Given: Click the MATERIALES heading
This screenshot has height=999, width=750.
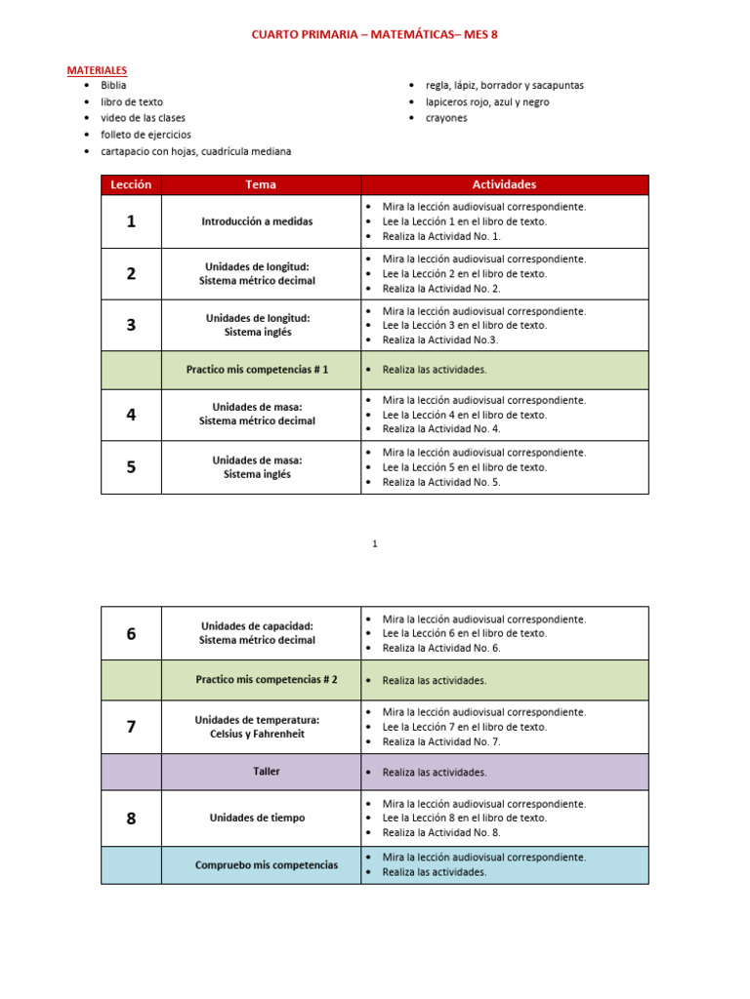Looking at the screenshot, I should pyautogui.click(x=96, y=70).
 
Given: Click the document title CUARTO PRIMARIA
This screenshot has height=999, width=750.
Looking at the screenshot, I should pyautogui.click(x=374, y=35).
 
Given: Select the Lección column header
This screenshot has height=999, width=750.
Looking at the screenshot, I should pyautogui.click(x=131, y=184).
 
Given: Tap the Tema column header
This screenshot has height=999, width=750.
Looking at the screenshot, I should pyautogui.click(x=261, y=184).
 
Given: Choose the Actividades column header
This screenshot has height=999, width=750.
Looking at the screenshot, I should pyautogui.click(x=504, y=184).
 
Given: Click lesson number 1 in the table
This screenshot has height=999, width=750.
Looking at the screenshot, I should pyautogui.click(x=131, y=221).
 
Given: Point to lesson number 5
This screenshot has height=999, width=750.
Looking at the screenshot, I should pyautogui.click(x=131, y=467).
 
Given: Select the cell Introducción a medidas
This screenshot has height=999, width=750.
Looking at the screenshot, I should pyautogui.click(x=257, y=221).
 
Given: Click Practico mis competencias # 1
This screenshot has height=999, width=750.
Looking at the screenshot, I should pyautogui.click(x=257, y=370).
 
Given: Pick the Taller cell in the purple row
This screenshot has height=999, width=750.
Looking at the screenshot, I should pyautogui.click(x=266, y=771).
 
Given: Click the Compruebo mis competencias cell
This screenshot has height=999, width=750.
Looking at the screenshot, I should pyautogui.click(x=266, y=864).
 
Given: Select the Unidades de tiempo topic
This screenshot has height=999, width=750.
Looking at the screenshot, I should pyautogui.click(x=257, y=818).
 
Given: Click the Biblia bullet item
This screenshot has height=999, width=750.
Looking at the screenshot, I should pyautogui.click(x=113, y=85).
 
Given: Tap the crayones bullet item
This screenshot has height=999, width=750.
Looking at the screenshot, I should pyautogui.click(x=446, y=118).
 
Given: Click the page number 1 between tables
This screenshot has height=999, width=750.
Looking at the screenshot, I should pyautogui.click(x=374, y=544).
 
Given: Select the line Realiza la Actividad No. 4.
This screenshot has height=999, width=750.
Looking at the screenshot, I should pyautogui.click(x=440, y=428).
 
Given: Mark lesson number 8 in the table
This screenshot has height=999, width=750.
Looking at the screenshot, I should pyautogui.click(x=131, y=819).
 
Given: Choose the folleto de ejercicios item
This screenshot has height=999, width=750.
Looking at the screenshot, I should pyautogui.click(x=146, y=135).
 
